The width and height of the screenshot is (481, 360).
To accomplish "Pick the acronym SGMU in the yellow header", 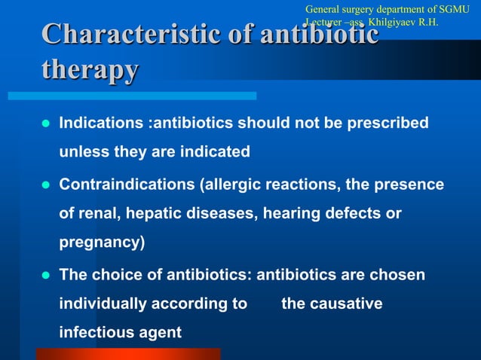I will [x=453, y=9].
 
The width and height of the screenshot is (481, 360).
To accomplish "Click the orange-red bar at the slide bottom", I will [x=128, y=353].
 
